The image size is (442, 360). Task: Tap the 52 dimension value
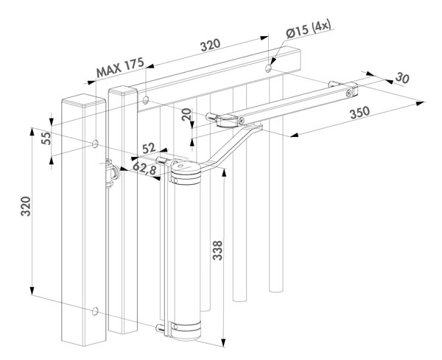click(x=150, y=149)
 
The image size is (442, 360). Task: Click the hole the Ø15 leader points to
click(x=269, y=67)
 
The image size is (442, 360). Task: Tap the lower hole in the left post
click(x=95, y=311)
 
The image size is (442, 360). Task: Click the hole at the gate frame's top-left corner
click(x=146, y=98)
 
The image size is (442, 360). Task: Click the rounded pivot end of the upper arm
click(x=211, y=116)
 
